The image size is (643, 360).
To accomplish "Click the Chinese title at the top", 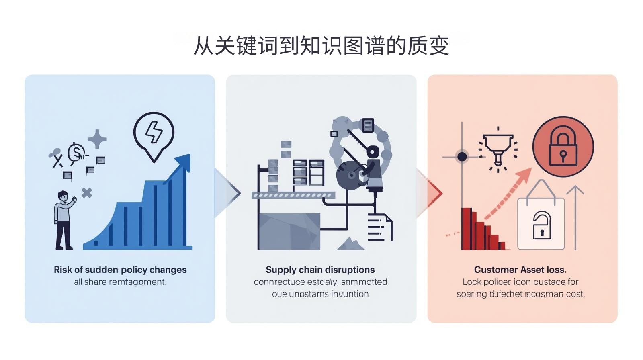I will click(x=321, y=45).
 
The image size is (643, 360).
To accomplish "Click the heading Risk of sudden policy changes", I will click(x=120, y=270).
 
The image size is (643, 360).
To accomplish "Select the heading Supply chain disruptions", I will click(x=320, y=270).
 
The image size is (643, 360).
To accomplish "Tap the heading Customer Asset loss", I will click(x=520, y=270).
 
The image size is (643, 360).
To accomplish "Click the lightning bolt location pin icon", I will click(x=154, y=135).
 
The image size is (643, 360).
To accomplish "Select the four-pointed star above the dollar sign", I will click(x=97, y=139).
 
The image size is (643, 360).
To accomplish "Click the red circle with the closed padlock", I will click(x=563, y=147).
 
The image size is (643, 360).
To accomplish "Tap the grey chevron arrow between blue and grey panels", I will click(x=227, y=193).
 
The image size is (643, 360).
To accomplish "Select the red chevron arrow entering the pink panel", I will click(x=432, y=193).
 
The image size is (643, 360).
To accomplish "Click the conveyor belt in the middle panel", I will click(x=293, y=196).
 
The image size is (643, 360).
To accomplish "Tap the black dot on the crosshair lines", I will click(x=462, y=157).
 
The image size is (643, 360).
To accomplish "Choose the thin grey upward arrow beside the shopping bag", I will click(x=576, y=217).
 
